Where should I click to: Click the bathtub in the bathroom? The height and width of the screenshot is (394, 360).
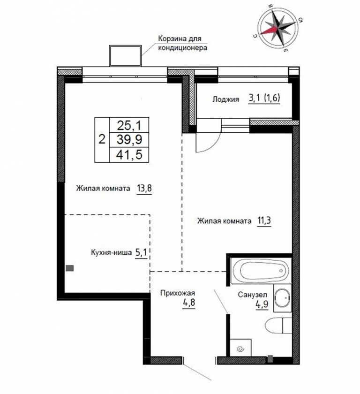coord(261,271)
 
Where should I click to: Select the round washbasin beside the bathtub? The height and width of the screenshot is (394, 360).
coord(282,298)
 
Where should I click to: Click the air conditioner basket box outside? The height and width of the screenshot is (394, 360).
coord(125,55)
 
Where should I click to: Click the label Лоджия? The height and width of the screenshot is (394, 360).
coord(225,99)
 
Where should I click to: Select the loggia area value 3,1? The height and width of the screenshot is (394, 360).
coord(254,98)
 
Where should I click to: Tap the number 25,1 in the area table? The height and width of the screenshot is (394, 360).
coord(129,125)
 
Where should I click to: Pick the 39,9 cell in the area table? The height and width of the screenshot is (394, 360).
coord(129,139)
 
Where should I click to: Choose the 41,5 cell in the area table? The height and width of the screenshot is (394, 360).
coord(129,154)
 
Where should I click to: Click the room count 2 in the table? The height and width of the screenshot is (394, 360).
coord(102,139)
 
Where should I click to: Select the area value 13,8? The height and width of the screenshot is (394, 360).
coord(144,188)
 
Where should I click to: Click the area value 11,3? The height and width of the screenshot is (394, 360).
coord(264,221)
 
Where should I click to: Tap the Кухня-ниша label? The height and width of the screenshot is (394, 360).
coord(111,252)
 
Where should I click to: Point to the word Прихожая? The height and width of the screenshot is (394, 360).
coord(178,293)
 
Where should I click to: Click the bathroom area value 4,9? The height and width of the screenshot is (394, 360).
coord(262,304)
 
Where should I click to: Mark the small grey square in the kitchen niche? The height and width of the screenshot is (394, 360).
coord(70,268)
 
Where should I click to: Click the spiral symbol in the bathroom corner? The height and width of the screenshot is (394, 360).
coord(240,349)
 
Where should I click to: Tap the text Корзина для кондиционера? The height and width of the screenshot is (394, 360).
coord(182,43)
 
